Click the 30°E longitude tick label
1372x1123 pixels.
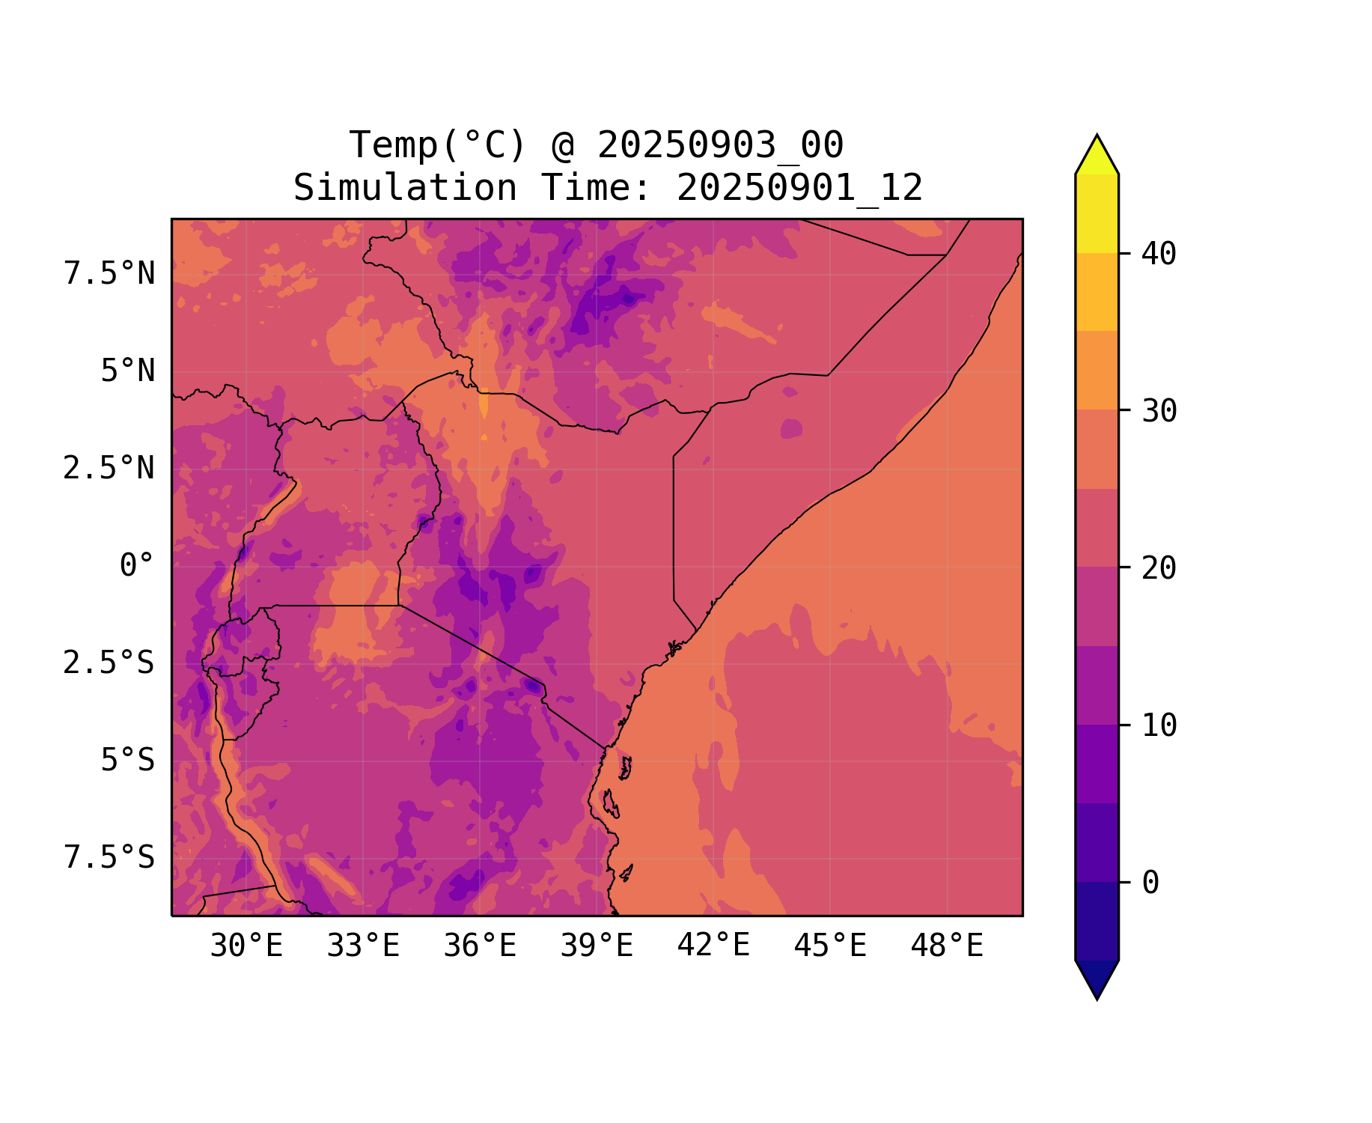[246, 946]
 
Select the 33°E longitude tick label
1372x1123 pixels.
[363, 946]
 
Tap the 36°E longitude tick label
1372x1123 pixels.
[480, 946]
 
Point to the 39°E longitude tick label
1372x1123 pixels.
[597, 946]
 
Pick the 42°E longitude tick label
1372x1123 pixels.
[713, 946]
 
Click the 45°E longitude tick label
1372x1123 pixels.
[830, 946]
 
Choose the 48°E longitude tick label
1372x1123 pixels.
[947, 946]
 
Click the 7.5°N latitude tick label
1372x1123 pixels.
[109, 274]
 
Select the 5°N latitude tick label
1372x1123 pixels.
[128, 371]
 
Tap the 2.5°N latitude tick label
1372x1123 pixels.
[109, 469]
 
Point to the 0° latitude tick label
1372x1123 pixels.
[137, 566]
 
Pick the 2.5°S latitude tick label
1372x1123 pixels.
[109, 663]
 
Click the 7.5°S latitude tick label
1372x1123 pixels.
[109, 858]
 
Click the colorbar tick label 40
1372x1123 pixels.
[1159, 255]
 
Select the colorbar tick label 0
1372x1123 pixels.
[1150, 883]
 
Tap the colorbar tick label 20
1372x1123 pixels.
[1159, 569]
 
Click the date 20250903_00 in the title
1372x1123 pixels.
[720, 145]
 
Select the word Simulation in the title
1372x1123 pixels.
[405, 188]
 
